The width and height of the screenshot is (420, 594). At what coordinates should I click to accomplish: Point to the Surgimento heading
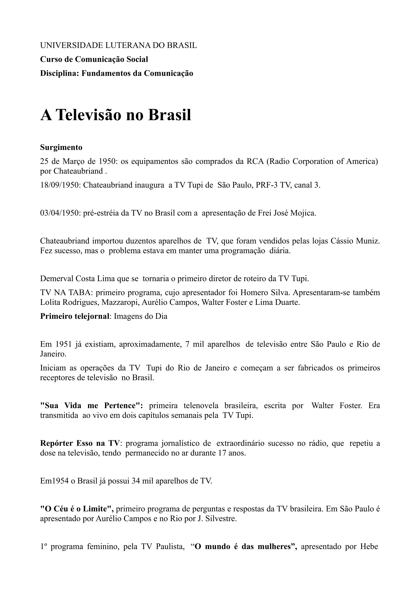(x=61, y=147)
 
